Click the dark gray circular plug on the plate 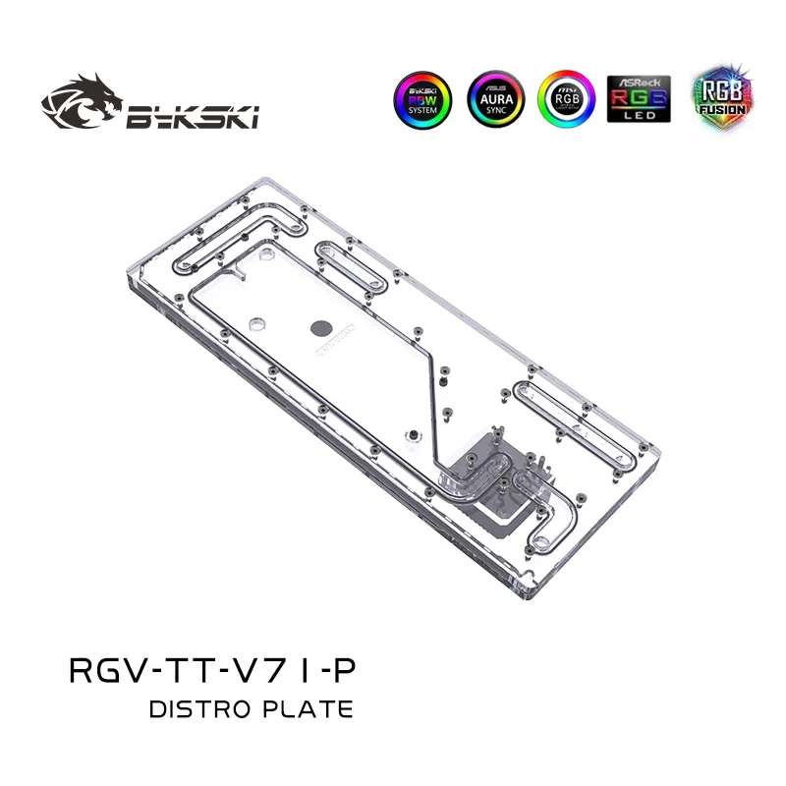click(322, 330)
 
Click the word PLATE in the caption click(309, 707)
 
